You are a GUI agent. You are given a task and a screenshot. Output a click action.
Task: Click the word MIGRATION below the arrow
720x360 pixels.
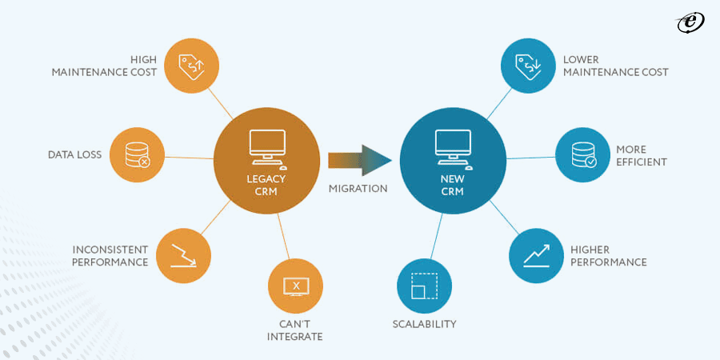tap(358, 189)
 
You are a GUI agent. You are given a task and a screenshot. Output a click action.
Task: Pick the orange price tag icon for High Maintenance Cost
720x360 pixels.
tap(192, 66)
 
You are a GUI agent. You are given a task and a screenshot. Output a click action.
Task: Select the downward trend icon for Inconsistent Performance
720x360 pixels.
tap(183, 255)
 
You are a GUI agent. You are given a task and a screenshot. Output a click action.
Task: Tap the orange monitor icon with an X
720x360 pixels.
tap(296, 286)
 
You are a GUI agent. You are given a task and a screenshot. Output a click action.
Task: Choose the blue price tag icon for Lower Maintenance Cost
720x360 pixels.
tap(528, 66)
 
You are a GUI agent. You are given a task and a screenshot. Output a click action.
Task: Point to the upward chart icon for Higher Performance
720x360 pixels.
tap(537, 255)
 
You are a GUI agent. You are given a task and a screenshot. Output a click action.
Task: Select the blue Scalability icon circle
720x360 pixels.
tap(424, 286)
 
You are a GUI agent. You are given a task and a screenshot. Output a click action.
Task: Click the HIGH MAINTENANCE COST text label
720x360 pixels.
tap(104, 66)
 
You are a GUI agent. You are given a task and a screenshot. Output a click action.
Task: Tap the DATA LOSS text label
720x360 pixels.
tap(74, 154)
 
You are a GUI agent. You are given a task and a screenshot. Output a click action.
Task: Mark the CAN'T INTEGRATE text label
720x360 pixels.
tap(296, 330)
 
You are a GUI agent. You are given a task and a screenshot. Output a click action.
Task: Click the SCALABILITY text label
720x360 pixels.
tap(424, 324)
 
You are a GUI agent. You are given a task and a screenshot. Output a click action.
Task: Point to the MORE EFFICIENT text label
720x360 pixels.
tap(641, 155)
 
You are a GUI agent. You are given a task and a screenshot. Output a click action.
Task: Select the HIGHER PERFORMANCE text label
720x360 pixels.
tap(609, 256)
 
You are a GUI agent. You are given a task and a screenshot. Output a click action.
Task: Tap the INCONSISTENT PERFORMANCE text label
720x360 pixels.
tap(110, 256)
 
